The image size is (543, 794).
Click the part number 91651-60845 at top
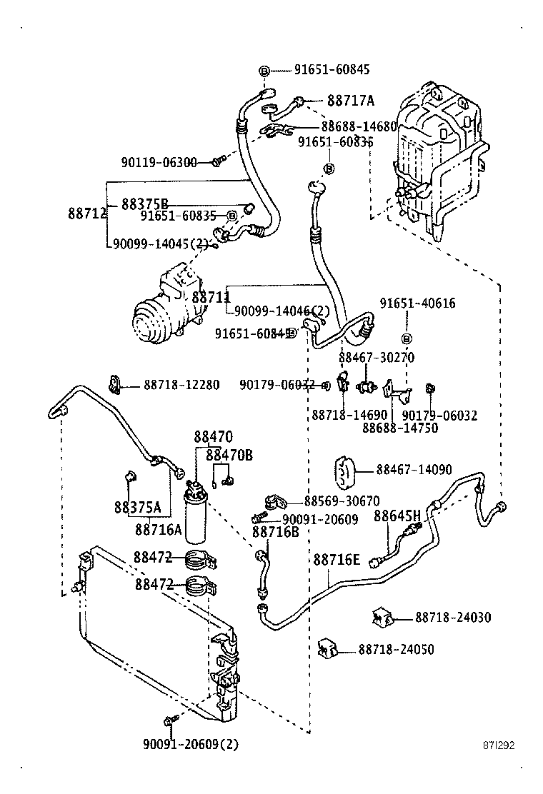click(332, 70)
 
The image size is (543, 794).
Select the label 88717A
click(351, 101)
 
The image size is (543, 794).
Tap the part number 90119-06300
click(159, 162)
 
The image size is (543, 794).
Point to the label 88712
click(87, 213)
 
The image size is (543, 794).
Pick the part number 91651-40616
click(417, 303)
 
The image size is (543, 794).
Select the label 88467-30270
click(376, 357)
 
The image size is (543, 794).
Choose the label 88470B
click(229, 454)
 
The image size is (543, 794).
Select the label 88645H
click(397, 516)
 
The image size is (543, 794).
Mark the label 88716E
click(337, 560)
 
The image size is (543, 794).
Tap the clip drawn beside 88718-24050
click(327, 648)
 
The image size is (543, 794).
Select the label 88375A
click(137, 508)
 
